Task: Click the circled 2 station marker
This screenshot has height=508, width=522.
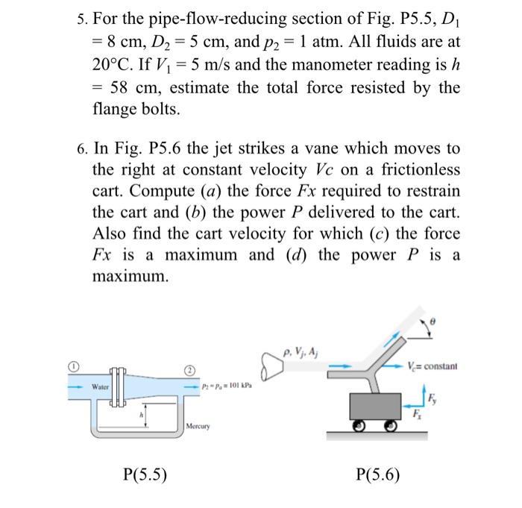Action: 189,371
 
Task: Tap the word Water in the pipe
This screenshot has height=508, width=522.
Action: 101,387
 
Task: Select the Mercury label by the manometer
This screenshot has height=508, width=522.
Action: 199,427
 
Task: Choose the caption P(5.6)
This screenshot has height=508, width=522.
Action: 378,474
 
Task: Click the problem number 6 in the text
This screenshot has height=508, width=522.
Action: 82,149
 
